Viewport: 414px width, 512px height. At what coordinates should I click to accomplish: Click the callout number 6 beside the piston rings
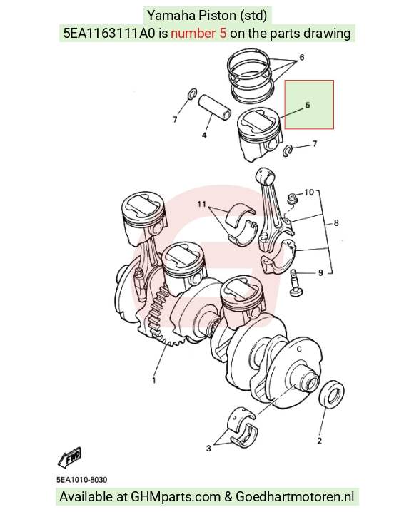coord(302,57)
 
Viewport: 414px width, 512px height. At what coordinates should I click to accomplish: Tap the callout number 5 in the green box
coord(308,105)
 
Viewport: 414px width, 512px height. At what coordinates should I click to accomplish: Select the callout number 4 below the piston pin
coord(204,135)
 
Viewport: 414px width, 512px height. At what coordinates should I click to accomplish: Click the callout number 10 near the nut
coord(309,192)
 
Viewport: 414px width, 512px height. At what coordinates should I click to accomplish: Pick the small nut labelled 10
coord(292,198)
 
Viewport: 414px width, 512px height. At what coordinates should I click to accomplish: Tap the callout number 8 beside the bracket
coord(336,223)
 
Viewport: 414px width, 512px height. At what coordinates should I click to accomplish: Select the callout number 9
coord(320,272)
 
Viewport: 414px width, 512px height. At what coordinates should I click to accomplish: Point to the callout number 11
coord(201,204)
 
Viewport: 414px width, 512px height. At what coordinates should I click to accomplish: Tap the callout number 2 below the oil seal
coord(319,441)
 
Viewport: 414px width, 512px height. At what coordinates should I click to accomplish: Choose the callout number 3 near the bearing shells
coord(208,449)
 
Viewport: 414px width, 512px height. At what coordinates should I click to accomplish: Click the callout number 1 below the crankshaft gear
coord(153,380)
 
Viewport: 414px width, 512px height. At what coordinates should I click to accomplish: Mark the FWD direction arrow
coord(69,458)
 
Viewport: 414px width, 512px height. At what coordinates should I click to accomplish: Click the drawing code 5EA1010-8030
coord(81,480)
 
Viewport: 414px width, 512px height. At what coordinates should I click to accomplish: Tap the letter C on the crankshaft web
coord(298,349)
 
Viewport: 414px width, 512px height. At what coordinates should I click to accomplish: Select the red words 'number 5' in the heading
coord(198,33)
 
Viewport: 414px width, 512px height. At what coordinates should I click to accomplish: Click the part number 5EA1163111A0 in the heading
coord(109,33)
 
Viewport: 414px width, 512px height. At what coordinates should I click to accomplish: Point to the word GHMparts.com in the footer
coord(176,497)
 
